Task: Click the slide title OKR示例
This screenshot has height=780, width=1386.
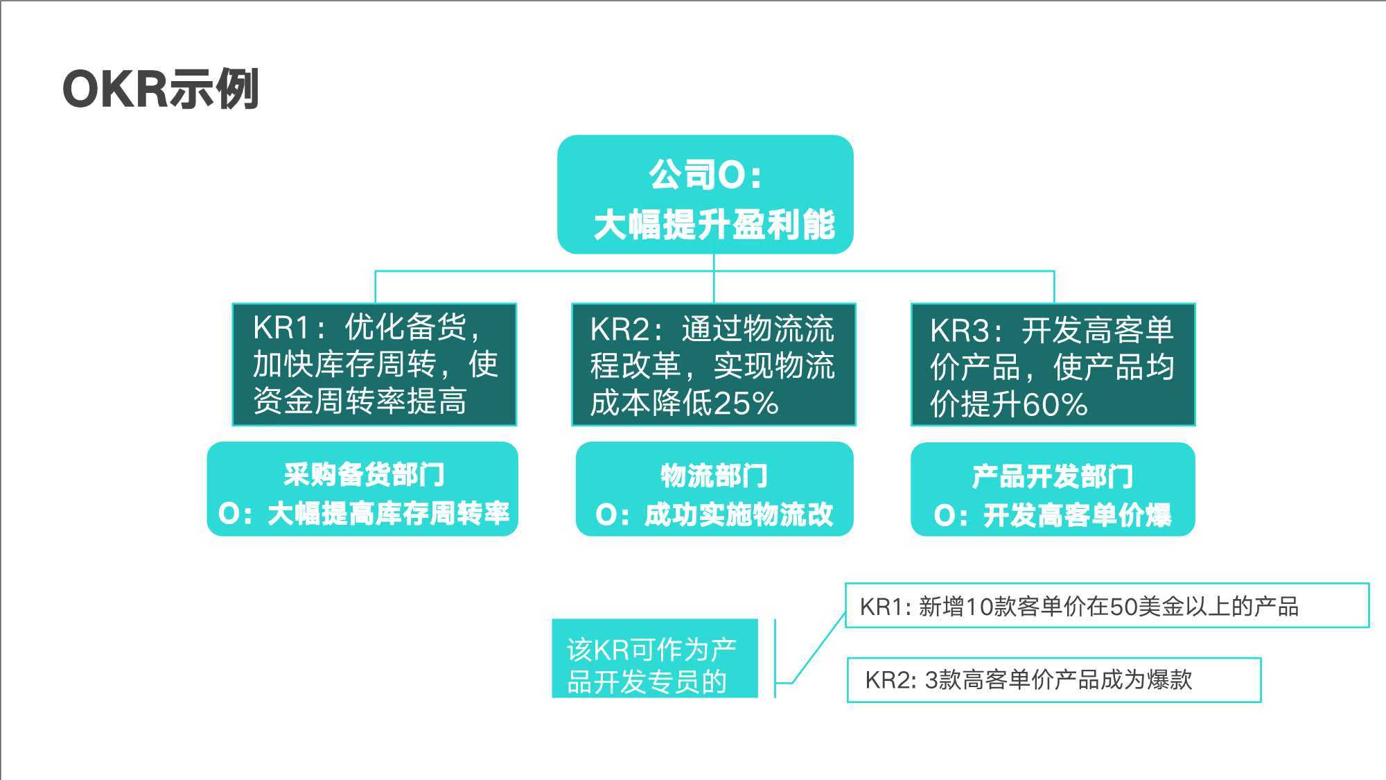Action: pyautogui.click(x=161, y=89)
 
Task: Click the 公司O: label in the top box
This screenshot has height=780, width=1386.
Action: pyautogui.click(x=705, y=175)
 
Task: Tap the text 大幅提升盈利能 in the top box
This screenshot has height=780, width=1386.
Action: pyautogui.click(x=714, y=225)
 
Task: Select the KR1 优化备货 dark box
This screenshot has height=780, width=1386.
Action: pyautogui.click(x=374, y=365)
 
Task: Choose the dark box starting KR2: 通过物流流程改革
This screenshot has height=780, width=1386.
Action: pyautogui.click(x=714, y=365)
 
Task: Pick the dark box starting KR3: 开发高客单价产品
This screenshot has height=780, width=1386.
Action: pyautogui.click(x=1053, y=365)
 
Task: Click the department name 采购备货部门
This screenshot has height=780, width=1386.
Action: pyautogui.click(x=364, y=475)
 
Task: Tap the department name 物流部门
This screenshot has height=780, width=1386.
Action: pyautogui.click(x=714, y=476)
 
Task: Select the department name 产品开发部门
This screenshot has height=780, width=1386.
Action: pyautogui.click(x=1053, y=477)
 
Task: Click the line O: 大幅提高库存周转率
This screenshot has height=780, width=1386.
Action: pyautogui.click(x=364, y=514)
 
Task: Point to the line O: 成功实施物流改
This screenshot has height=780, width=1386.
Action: pyautogui.click(x=714, y=515)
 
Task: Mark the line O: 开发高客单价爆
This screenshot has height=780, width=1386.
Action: pyautogui.click(x=1053, y=516)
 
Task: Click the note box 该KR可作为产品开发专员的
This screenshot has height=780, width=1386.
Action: pyautogui.click(x=655, y=659)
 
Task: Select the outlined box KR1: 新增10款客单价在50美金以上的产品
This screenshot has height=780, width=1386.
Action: pyautogui.click(x=1107, y=605)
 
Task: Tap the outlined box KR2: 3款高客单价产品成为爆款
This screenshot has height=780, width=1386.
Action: pyautogui.click(x=1054, y=679)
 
